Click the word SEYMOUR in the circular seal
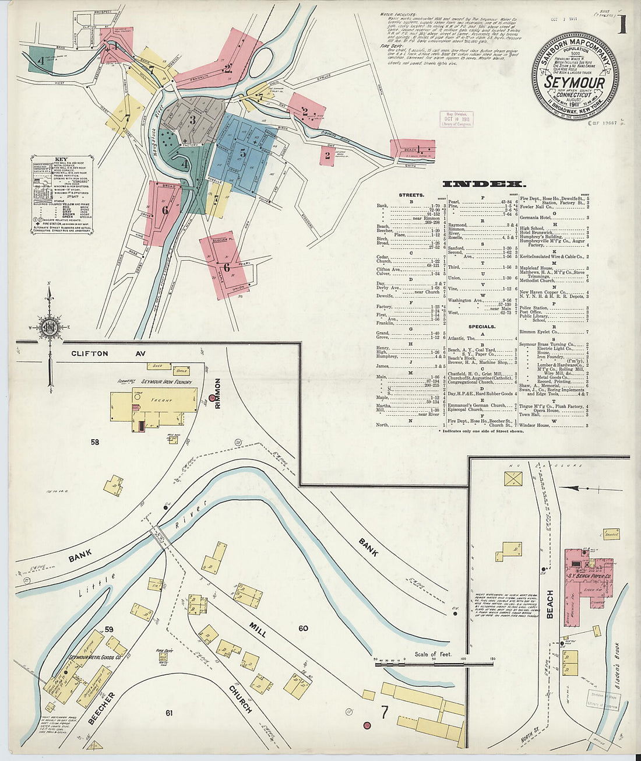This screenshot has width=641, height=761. tap(574, 83)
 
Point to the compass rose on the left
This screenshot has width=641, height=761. tap(50, 324)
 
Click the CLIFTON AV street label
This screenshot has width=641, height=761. tap(90, 353)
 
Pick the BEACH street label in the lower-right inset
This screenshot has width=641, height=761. tap(550, 604)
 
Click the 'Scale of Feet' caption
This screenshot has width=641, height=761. tap(434, 654)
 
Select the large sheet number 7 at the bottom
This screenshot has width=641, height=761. tap(385, 712)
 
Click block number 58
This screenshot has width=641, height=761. tap(94, 442)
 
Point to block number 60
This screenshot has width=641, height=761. tap(303, 628)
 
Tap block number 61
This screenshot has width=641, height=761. tap(169, 713)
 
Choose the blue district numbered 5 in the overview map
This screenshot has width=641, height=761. tap(242, 154)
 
